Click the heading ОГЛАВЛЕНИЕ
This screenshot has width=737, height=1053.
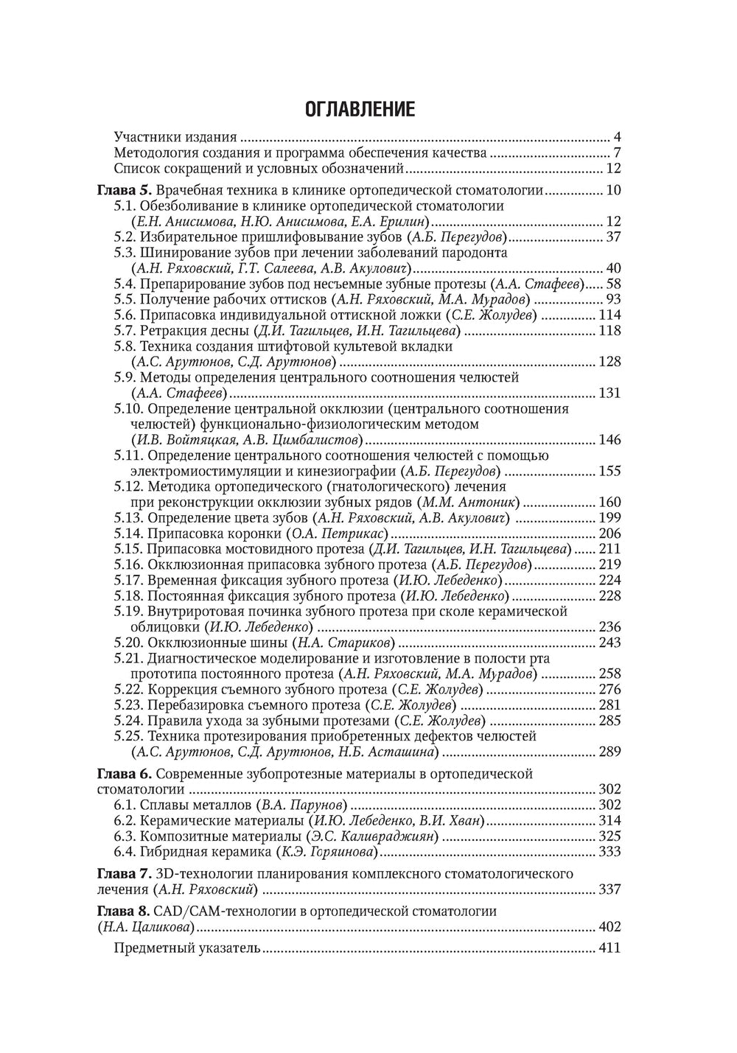360,110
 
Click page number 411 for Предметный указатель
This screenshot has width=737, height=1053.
609,948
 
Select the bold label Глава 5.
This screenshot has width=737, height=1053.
125,190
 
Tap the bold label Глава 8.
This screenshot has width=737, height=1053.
125,911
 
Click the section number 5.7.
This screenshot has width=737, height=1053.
125,330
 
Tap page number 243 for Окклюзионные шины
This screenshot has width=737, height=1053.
609,643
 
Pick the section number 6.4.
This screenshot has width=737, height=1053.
125,852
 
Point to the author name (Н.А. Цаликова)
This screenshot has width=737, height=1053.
146,927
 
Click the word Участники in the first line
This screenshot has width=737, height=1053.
144,137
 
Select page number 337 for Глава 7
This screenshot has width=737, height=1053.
609,889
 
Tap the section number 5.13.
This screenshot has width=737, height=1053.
128,518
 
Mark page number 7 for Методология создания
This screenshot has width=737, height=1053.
617,153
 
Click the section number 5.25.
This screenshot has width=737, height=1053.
128,736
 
